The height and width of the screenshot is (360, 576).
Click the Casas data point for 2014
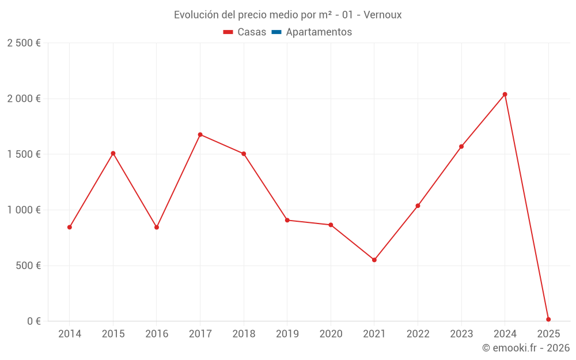click(70, 227)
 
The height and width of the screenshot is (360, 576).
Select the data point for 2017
click(200, 135)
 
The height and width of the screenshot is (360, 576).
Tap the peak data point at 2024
click(505, 94)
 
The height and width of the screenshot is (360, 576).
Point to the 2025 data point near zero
click(548, 319)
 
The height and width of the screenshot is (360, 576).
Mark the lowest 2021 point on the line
click(374, 260)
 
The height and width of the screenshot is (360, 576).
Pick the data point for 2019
click(287, 220)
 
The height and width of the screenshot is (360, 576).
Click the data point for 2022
click(418, 206)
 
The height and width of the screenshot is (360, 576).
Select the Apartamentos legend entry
click(319, 32)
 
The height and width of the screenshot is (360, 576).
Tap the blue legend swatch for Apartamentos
click(276, 32)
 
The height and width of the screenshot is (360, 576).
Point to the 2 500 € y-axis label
click(24, 43)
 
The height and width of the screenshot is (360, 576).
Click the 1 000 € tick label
click(24, 210)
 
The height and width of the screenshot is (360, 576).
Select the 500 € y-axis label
click(28, 266)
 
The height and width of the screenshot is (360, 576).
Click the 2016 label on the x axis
click(157, 334)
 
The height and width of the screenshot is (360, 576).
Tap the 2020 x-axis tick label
click(331, 334)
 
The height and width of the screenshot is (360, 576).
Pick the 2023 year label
click(461, 334)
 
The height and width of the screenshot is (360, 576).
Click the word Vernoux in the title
click(382, 15)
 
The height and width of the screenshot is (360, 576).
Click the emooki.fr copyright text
click(526, 348)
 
